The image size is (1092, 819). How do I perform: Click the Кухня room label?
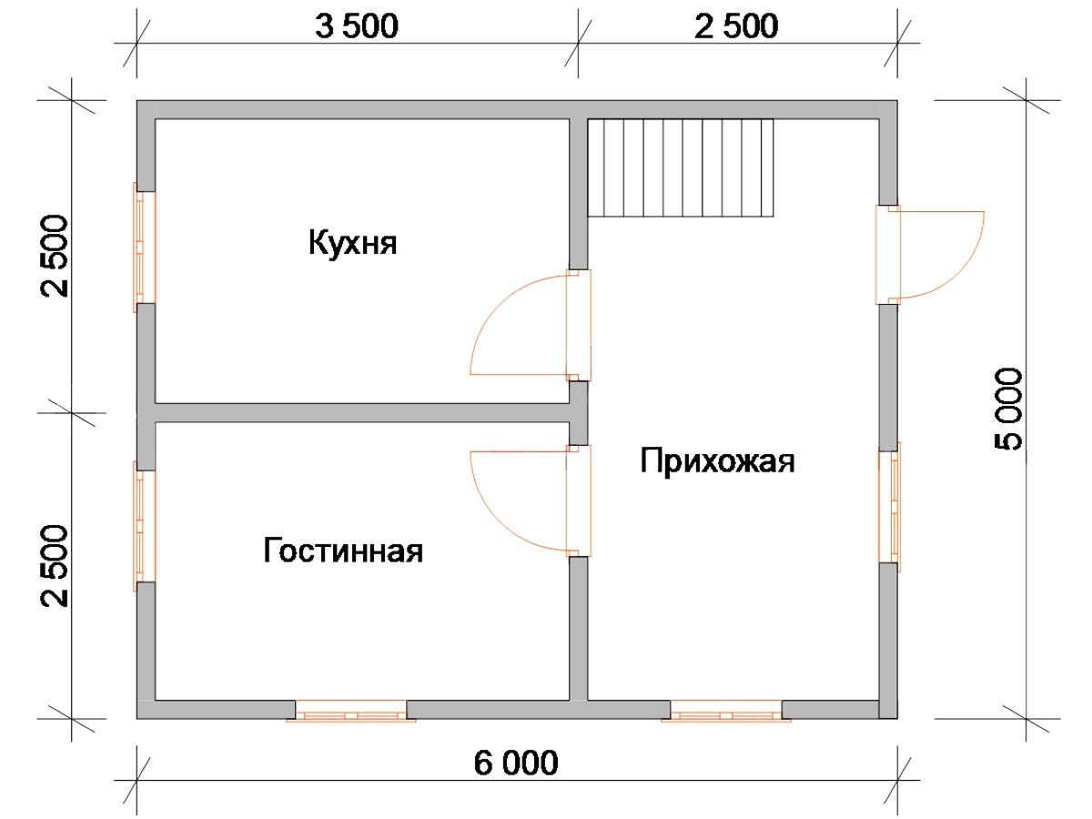pyautogui.click(x=353, y=243)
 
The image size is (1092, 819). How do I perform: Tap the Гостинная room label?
pyautogui.click(x=343, y=550)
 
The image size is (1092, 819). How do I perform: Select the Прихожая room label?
pyautogui.click(x=717, y=461)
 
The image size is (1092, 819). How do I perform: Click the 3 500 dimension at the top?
pyautogui.click(x=357, y=25)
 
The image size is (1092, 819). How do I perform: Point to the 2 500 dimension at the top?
pyautogui.click(x=736, y=25)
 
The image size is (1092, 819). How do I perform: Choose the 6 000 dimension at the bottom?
pyautogui.click(x=516, y=763)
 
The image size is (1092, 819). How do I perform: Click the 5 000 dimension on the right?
pyautogui.click(x=1008, y=409)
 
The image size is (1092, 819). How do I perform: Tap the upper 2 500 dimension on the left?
pyautogui.click(x=55, y=256)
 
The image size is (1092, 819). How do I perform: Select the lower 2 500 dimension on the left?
pyautogui.click(x=55, y=566)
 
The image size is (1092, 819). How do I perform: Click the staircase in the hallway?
pyautogui.click(x=681, y=167)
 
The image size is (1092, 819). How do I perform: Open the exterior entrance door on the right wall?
pyautogui.click(x=929, y=254)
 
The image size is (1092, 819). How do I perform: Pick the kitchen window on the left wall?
pyautogui.click(x=145, y=248)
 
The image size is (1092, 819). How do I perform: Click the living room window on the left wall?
pyautogui.click(x=145, y=526)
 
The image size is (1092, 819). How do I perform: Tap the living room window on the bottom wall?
pyautogui.click(x=351, y=710)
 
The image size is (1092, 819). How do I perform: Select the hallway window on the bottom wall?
pyautogui.click(x=726, y=710)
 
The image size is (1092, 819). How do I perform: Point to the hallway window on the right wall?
pyautogui.click(x=889, y=507)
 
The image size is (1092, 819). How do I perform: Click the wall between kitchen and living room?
pyautogui.click(x=362, y=413)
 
